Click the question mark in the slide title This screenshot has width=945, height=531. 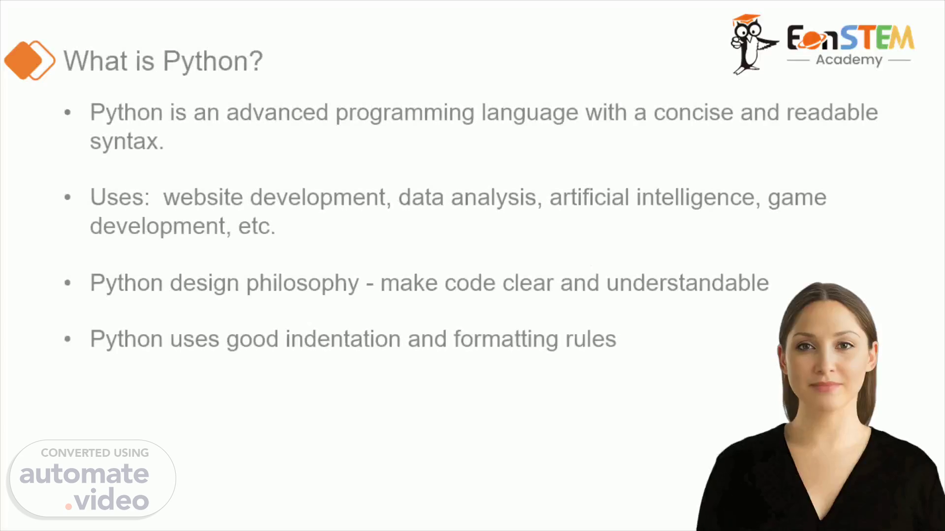click(x=255, y=61)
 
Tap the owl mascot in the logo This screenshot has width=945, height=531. click(x=753, y=44)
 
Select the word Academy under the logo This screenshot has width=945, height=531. click(x=849, y=60)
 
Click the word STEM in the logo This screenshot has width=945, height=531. click(x=877, y=37)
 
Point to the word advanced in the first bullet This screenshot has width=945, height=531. click(x=277, y=112)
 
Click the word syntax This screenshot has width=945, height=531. click(x=126, y=141)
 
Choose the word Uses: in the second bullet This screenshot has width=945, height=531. click(x=120, y=197)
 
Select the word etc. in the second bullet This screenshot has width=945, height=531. click(x=257, y=227)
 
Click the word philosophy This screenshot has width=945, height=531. click(x=303, y=284)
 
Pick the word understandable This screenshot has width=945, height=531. click(x=688, y=283)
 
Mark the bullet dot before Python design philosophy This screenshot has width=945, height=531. click(x=68, y=283)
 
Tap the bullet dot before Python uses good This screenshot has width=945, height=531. click(x=68, y=339)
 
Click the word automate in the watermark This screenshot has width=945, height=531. click(x=84, y=474)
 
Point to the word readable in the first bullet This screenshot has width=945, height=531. click(x=832, y=112)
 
